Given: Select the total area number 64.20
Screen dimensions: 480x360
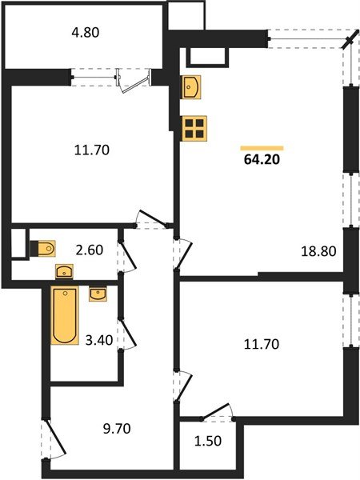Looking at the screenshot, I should (262, 158).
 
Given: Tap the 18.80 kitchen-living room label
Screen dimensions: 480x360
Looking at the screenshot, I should (318, 250).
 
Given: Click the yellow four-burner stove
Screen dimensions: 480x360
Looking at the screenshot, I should (194, 128).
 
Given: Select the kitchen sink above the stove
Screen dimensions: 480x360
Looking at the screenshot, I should (192, 87).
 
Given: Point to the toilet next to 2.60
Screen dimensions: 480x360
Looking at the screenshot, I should (46, 248).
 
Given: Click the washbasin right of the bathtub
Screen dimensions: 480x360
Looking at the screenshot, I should (98, 295).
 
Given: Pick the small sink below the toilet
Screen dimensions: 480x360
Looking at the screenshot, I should (65, 272).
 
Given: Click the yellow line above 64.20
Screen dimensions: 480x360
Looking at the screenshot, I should (262, 147).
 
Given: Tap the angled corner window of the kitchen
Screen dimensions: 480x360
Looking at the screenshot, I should (349, 42).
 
